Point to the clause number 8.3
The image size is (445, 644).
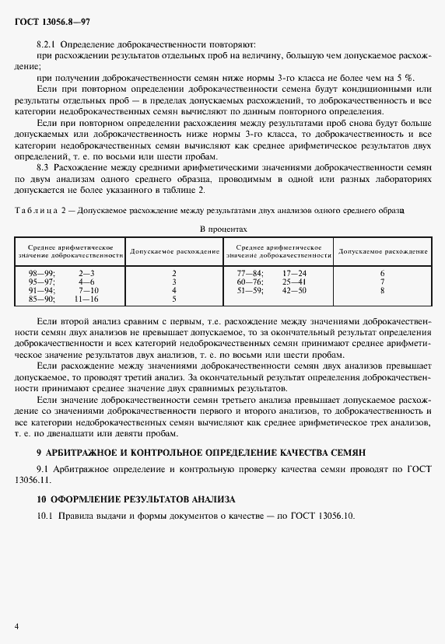tap(46, 167)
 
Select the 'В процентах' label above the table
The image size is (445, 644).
tap(223, 230)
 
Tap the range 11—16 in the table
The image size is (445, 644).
tap(86, 299)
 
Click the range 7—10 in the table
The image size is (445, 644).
tap(86, 291)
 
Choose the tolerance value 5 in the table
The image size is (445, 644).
tap(174, 299)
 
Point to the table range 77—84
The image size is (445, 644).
tap(250, 274)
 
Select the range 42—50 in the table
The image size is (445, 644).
tap(294, 291)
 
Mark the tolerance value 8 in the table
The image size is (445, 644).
tap(383, 291)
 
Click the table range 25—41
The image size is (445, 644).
tap(294, 282)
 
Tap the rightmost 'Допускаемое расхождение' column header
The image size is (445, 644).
tap(383, 252)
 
